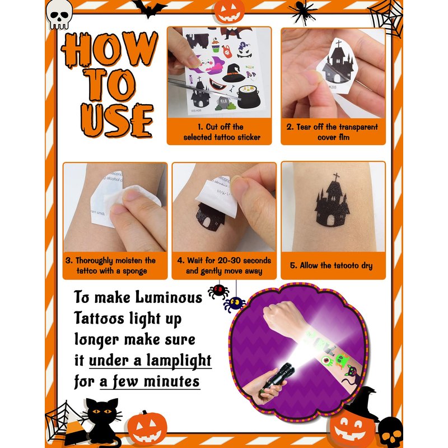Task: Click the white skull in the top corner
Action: (59, 15)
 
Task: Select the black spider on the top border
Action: (303, 11)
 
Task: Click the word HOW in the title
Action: (110, 49)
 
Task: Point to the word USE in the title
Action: (117, 120)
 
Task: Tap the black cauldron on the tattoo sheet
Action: (248, 96)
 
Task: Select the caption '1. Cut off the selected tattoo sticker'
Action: (222, 132)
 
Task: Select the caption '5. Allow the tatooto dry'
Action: (332, 265)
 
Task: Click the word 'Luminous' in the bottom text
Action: (169, 297)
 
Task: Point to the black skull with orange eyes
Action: (391, 432)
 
